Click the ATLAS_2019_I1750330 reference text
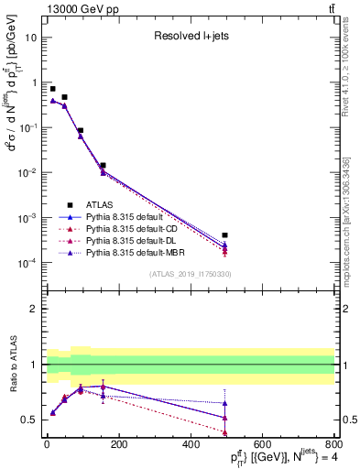click(x=191, y=273)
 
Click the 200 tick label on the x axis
click(x=118, y=443)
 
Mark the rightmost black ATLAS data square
click(x=225, y=235)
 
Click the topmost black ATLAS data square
click(x=52, y=89)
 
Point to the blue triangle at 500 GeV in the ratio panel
click(x=225, y=403)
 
